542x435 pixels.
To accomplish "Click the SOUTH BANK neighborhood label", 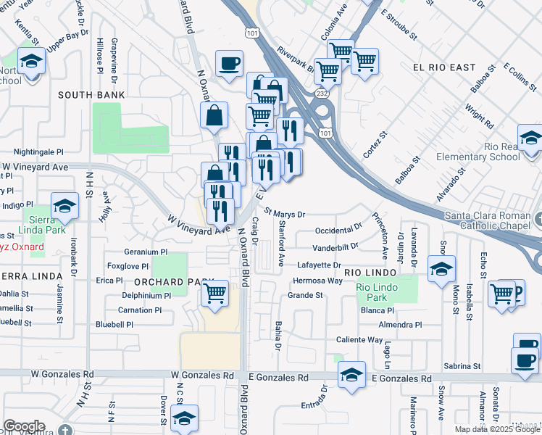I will click(x=91, y=95).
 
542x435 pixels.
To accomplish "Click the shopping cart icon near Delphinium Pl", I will click(x=215, y=294).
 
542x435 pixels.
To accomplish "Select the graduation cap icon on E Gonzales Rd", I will click(x=351, y=375).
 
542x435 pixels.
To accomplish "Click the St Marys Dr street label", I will click(x=285, y=214).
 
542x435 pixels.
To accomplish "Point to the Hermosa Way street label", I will click(x=317, y=281).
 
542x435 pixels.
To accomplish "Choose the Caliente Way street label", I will click(x=359, y=339).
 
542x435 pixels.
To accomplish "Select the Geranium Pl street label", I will click(x=146, y=252).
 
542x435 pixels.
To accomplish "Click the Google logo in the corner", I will click(x=24, y=426).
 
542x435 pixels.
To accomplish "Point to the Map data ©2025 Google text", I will click(x=497, y=429).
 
